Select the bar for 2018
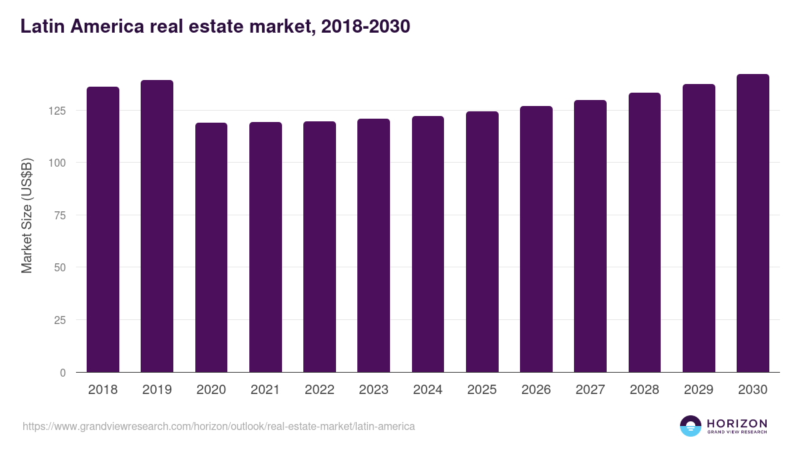pos(103,229)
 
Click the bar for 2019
pos(157,226)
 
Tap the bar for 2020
pos(211,247)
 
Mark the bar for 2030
pos(753,223)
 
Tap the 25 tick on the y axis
pos(61,320)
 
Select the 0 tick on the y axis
pos(63,373)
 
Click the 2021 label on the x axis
pos(265,390)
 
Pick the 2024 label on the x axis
pos(427,390)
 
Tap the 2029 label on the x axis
pos(699,390)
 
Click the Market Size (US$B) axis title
pos(27,215)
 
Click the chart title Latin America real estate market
pos(215,27)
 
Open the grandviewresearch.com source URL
pos(219,426)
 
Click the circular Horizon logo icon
pos(690,426)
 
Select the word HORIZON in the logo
pos(737,423)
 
